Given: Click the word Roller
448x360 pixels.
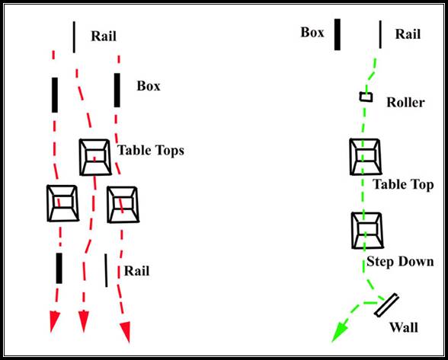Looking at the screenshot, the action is (405, 102).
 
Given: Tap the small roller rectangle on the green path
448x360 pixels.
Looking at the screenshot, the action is (366, 97).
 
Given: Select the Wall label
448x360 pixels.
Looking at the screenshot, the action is (404, 327).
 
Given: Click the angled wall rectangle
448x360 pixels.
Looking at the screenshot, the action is (386, 305).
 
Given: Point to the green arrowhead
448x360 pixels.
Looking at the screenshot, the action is (340, 331).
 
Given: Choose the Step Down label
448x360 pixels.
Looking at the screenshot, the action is (400, 262).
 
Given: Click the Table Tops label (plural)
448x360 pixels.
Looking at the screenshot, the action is (151, 151).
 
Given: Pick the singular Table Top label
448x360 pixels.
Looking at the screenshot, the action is (403, 184).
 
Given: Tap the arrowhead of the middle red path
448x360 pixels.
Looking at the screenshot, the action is (84, 321).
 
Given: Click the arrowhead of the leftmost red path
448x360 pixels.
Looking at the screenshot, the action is (54, 322).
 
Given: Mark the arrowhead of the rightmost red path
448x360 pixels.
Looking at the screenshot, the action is (126, 332).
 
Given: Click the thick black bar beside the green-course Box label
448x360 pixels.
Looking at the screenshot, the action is (338, 34).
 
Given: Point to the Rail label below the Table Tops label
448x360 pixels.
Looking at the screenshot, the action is (136, 271).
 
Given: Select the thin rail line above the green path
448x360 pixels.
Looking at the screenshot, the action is (380, 34).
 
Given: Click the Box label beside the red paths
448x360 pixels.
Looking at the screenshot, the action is (149, 86).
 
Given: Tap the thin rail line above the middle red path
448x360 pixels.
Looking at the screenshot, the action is (75, 37).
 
